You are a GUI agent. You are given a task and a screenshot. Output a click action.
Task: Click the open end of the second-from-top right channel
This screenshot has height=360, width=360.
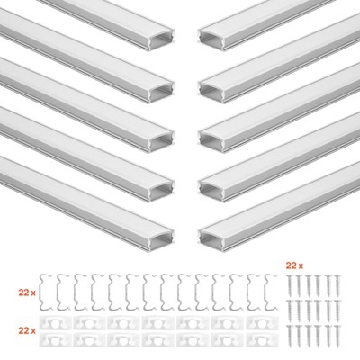(x=211, y=91)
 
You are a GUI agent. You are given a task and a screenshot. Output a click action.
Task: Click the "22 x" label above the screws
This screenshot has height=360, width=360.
(x=294, y=265)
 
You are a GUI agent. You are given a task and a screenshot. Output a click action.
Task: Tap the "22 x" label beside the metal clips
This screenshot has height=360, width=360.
(x=27, y=292)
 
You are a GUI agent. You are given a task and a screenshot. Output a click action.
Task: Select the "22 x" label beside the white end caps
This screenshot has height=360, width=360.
(x=27, y=330)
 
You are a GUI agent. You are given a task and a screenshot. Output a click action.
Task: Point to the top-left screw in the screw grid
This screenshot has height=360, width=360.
(x=290, y=283)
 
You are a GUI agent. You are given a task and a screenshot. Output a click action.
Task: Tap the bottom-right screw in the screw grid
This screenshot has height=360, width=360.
(x=337, y=336)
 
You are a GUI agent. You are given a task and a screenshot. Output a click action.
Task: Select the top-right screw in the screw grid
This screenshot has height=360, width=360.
(x=337, y=283)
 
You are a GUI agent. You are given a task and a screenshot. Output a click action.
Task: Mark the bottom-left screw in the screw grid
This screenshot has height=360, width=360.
(x=290, y=336)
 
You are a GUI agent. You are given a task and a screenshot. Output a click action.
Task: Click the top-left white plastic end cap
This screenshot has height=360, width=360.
(x=55, y=323)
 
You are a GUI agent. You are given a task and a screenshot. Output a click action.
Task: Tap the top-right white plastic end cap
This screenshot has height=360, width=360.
(x=262, y=323)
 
